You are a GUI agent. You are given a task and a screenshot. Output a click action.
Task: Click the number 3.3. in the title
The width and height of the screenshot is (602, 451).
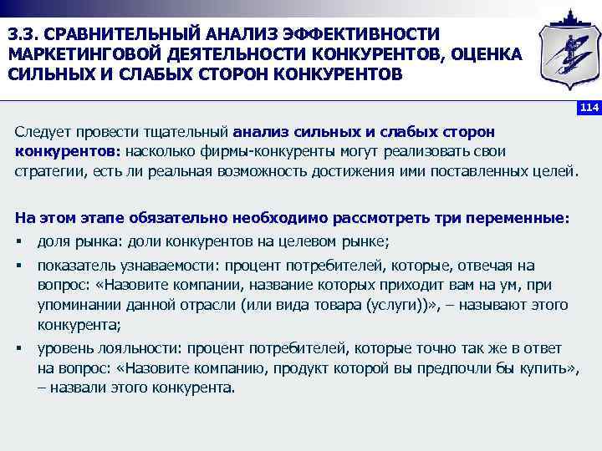pyautogui.click(x=22, y=33)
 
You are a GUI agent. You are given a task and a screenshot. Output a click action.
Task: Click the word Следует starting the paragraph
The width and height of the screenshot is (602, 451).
pyautogui.click(x=45, y=132)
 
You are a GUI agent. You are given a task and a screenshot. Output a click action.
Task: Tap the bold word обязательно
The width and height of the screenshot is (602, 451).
pyautogui.click(x=158, y=217)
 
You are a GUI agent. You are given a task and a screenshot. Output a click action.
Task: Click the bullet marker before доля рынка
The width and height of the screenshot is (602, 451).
pyautogui.click(x=18, y=242)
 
